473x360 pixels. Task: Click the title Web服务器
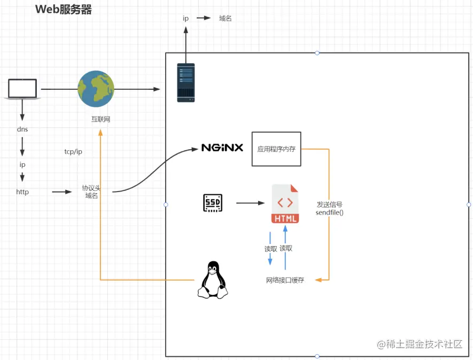[x=63, y=10]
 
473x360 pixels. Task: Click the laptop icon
[x=22, y=89]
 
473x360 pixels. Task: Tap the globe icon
[x=96, y=89]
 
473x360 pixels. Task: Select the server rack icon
[x=186, y=82]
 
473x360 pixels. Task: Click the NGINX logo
[x=222, y=148]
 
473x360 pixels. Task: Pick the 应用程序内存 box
[x=276, y=149]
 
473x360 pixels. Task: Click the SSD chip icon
[x=213, y=203]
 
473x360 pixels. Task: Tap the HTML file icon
[x=285, y=203]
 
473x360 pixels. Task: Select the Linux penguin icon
[x=213, y=279]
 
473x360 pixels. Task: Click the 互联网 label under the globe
[x=100, y=119]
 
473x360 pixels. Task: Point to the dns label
[x=22, y=129]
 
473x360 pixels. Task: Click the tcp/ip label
[x=73, y=152]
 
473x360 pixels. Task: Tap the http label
[x=22, y=192]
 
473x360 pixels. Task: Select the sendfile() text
[x=329, y=212]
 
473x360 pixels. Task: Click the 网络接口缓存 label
[x=285, y=280]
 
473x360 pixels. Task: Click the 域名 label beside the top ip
[x=226, y=18]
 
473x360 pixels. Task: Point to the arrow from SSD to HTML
[x=250, y=203]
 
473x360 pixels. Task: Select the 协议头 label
[x=91, y=188]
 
